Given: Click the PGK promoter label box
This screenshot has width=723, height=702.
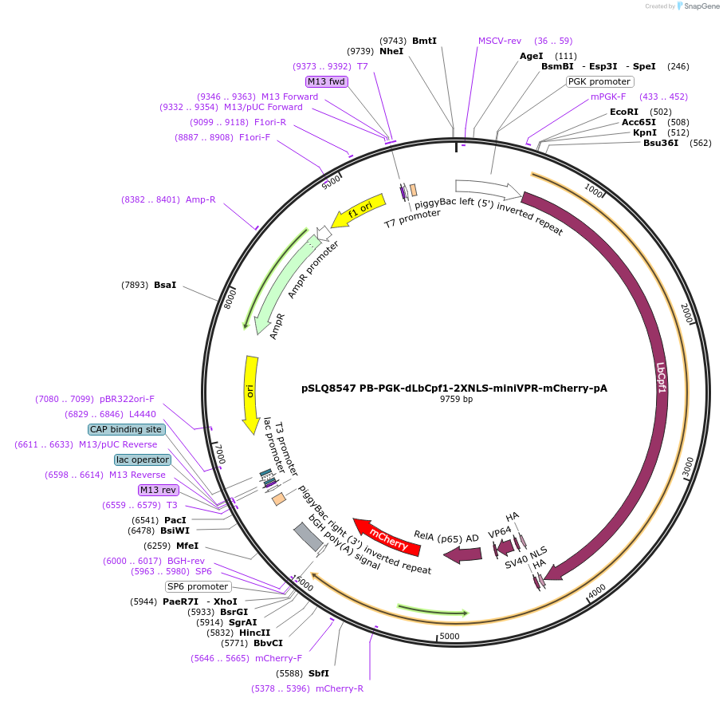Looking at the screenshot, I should point(599,81).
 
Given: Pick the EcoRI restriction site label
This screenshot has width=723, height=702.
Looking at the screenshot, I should point(624,112).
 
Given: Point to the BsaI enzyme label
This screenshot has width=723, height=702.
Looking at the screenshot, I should point(165,284).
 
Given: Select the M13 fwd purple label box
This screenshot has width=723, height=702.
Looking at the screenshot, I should point(327,81).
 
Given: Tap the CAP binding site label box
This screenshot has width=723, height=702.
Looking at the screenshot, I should point(127,429).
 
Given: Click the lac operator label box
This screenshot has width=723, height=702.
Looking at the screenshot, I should point(143,459).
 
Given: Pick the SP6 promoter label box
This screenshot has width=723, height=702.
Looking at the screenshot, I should point(198,586).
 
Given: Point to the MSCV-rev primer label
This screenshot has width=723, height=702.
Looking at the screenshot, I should point(500,41).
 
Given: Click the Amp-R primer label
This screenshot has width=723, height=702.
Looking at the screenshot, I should point(201,199).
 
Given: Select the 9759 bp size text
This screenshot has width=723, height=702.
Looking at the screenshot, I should point(456,399).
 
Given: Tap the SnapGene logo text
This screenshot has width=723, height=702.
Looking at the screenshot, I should point(697,6).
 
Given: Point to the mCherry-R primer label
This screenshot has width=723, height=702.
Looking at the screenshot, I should point(340,688).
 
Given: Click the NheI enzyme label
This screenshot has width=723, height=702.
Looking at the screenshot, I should point(391,51).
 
